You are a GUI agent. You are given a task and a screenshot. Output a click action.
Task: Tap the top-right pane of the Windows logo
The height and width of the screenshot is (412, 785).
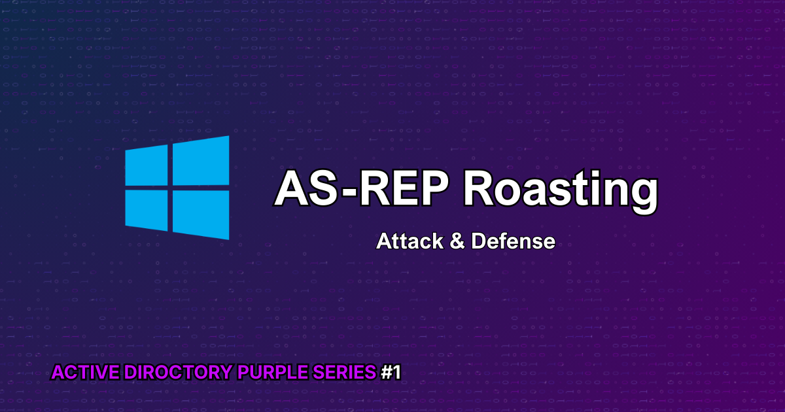[201, 161]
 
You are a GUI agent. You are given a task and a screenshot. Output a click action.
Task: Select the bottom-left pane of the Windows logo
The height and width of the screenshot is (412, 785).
[147, 209]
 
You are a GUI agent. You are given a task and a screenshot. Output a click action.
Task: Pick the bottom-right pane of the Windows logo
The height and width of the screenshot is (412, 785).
[201, 214]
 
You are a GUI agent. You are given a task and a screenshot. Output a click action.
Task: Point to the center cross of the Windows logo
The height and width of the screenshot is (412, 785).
[170, 188]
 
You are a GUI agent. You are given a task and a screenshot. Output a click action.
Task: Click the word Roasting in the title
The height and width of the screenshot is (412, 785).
[559, 190]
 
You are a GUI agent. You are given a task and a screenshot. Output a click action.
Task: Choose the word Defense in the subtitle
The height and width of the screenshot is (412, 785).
[513, 241]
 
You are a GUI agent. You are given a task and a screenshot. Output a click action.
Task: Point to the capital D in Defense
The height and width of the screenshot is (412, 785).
[479, 241]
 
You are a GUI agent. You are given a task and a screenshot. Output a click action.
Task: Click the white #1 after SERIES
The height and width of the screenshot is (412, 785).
[391, 373]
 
